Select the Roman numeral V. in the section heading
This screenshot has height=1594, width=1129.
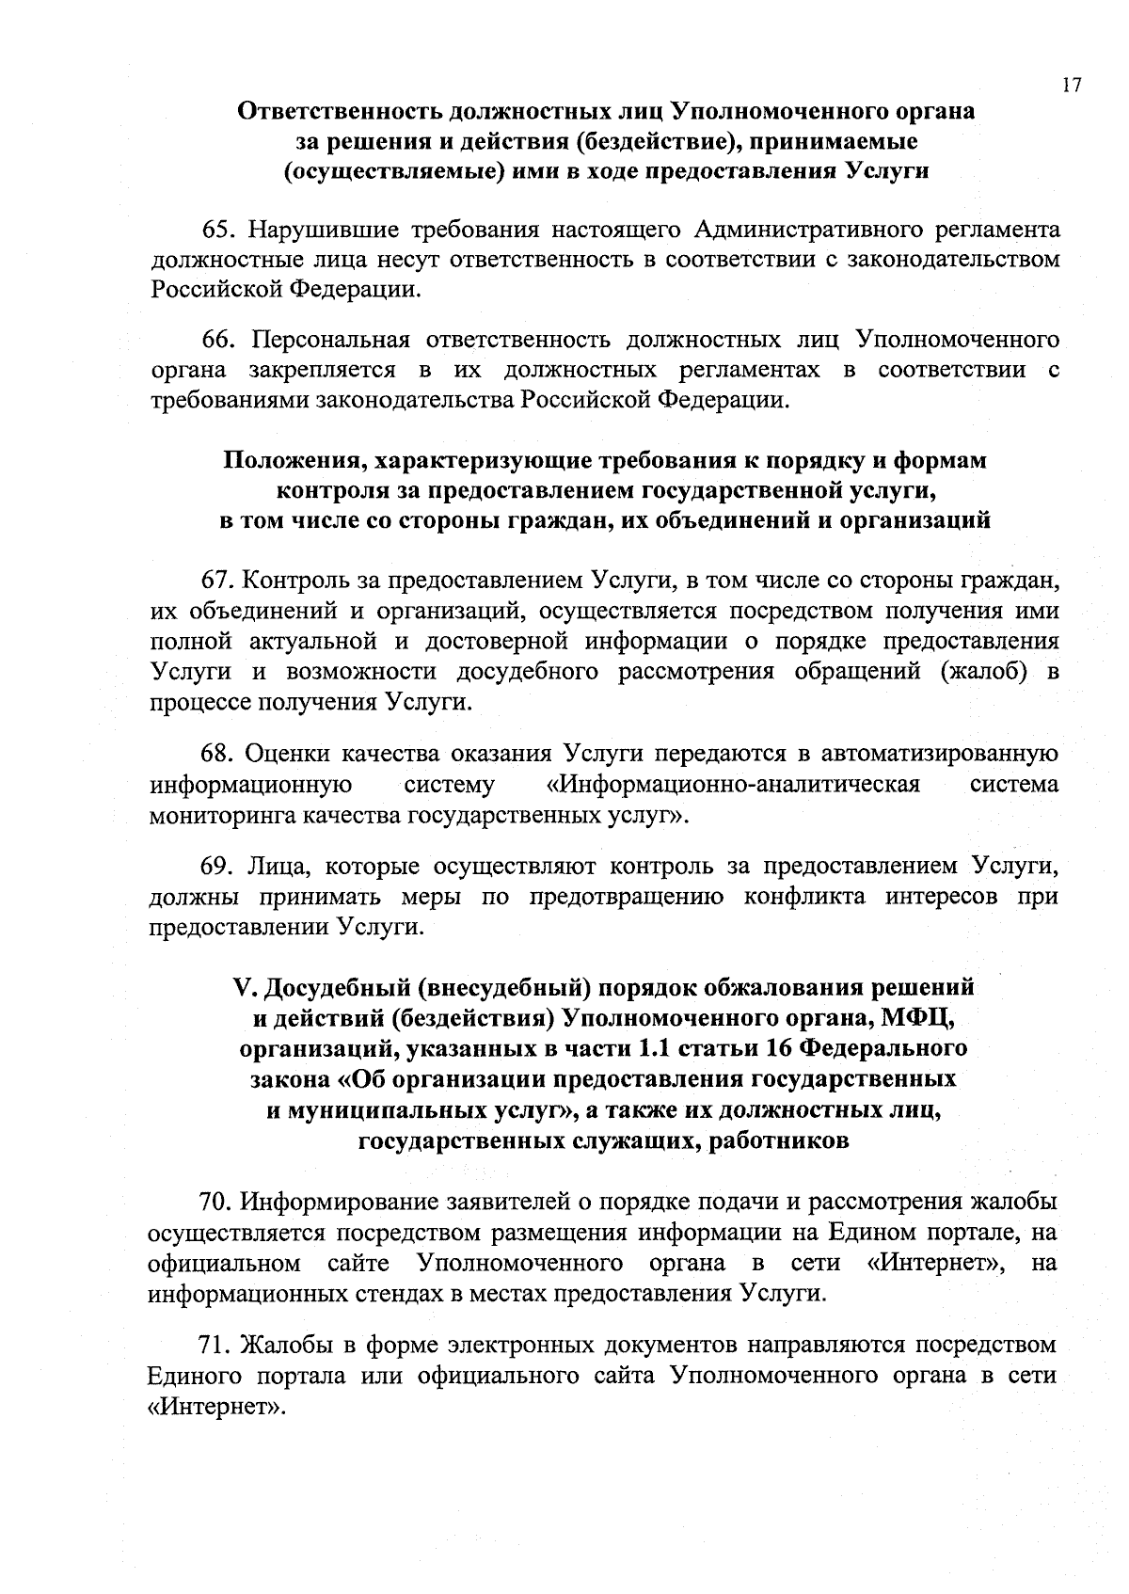244,989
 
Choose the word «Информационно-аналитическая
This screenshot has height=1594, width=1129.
732,785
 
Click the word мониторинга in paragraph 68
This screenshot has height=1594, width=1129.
222,815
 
